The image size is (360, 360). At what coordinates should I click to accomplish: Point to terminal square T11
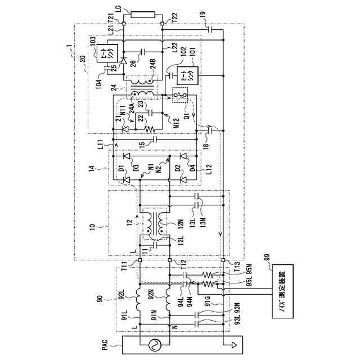[x=138, y=260]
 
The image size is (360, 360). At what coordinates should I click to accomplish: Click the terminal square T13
[x=224, y=260]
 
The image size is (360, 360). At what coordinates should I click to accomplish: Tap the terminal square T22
[x=162, y=24]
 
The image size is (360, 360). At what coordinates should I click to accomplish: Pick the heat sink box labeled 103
[x=105, y=53]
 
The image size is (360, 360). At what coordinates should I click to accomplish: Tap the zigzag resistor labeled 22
[x=149, y=129]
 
